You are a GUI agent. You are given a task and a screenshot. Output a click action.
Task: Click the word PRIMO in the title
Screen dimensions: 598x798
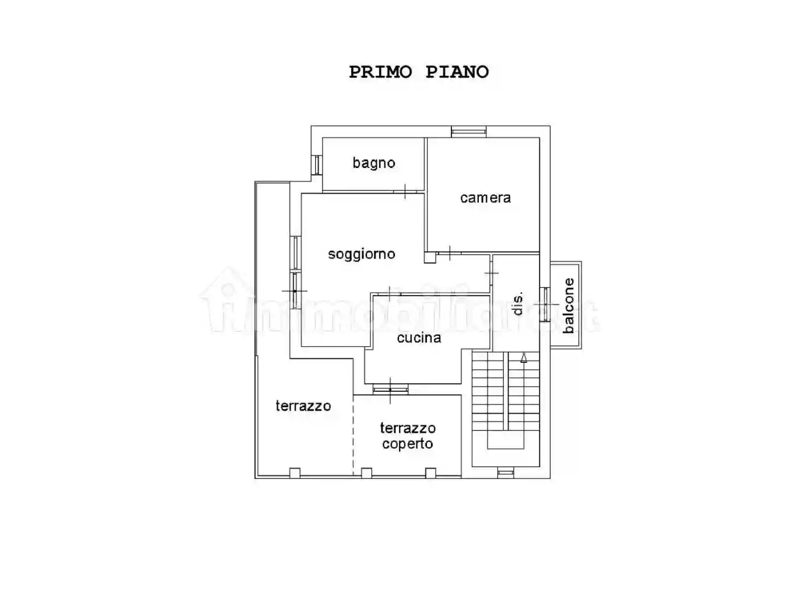point(380,72)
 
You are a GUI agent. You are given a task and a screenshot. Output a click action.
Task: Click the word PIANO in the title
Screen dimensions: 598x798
point(457,72)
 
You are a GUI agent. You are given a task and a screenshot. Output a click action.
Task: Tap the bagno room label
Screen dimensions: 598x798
point(373,163)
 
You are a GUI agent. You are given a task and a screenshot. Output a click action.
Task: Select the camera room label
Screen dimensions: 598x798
point(485,198)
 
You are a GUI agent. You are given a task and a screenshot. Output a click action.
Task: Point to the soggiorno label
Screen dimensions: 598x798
point(361,254)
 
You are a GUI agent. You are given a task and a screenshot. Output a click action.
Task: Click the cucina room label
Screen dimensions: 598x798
point(419,338)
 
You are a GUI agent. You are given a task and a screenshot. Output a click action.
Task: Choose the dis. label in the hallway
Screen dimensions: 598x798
point(518,304)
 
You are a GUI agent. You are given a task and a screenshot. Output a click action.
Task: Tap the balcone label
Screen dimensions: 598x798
point(568,305)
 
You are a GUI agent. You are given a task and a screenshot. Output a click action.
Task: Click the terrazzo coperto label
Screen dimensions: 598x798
point(408,436)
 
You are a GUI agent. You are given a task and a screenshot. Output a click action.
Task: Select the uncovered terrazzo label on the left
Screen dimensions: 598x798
point(303,406)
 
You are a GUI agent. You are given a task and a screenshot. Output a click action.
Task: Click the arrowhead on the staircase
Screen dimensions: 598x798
point(523,358)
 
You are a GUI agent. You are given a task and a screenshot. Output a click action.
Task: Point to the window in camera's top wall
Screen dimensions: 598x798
point(469,132)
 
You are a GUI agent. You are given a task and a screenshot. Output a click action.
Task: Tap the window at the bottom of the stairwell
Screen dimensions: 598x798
point(506,472)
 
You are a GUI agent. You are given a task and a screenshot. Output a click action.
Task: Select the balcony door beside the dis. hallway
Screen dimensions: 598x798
point(545,304)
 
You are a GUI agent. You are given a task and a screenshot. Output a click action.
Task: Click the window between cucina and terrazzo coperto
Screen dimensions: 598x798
point(390,390)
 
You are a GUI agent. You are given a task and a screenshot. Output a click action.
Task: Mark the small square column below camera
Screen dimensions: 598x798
point(430,257)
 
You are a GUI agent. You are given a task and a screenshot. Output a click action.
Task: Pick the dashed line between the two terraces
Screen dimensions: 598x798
point(353,436)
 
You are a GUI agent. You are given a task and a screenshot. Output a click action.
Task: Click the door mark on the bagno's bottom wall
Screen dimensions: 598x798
point(404,191)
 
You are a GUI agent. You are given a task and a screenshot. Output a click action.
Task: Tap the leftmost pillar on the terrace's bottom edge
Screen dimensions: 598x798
point(295,472)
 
